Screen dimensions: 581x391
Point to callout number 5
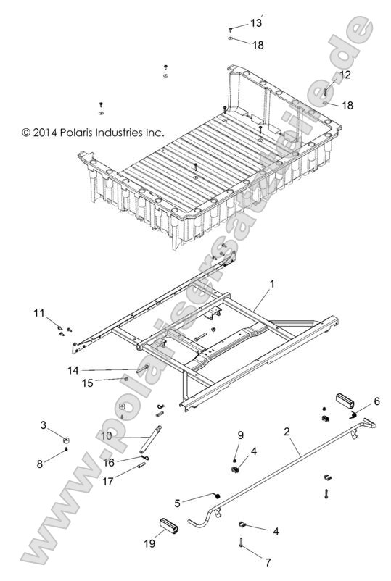(178, 501)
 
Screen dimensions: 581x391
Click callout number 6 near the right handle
(376, 401)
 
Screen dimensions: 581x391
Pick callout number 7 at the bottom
(268, 561)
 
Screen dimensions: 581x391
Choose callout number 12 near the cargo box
(345, 75)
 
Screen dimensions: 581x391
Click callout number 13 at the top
(255, 23)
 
